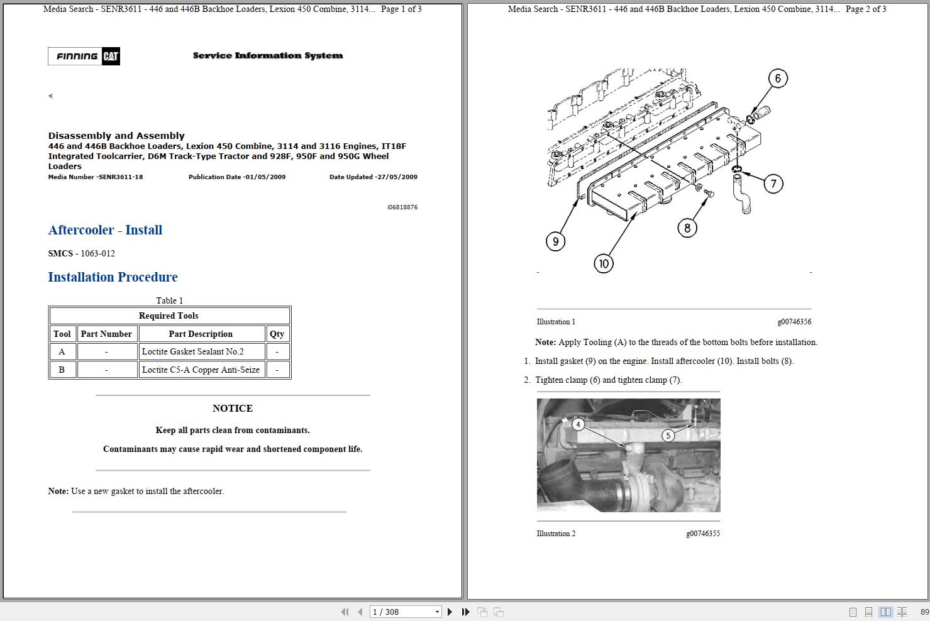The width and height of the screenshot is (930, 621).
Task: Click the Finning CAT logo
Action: coord(84,57)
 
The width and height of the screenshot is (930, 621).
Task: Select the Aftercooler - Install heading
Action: coord(105,230)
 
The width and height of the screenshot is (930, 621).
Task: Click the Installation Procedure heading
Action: coord(113,277)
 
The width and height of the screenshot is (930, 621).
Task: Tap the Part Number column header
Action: coord(106,334)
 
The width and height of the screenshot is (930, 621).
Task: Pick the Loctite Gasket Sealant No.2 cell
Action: coord(192,352)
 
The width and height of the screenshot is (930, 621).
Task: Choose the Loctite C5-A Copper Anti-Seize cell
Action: coord(201,370)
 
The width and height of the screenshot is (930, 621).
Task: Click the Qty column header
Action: coord(277,334)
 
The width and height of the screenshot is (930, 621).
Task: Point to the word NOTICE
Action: coord(233,409)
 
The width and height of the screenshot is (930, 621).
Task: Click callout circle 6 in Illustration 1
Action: coord(778,79)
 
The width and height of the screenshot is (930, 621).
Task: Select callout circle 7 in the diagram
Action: coord(773,184)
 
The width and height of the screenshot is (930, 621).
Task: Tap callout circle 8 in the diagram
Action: coord(687,228)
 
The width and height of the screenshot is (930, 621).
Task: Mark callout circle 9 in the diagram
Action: coord(555,241)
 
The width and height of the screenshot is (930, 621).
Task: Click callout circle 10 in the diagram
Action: coord(604,263)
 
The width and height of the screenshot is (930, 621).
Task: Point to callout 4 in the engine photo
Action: coord(578,424)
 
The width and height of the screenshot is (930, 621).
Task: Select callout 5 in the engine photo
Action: coord(668,435)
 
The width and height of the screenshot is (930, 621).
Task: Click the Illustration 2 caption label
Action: coord(556,534)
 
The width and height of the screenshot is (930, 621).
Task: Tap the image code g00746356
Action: coord(794,322)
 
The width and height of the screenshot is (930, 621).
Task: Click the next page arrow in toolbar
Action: coord(450,612)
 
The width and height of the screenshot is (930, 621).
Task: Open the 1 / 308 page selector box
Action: coord(406,612)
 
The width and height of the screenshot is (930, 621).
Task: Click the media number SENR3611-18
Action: coord(119,177)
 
